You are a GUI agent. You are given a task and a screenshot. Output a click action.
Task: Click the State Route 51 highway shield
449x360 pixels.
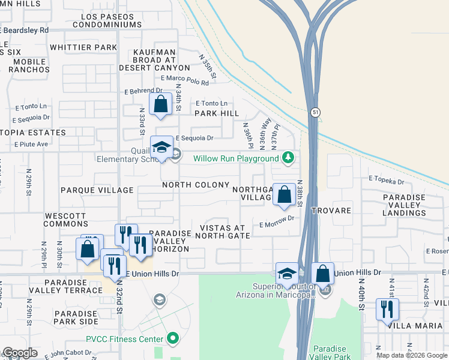[315, 112]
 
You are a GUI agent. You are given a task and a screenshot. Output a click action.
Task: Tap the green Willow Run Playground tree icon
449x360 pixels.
[289, 158]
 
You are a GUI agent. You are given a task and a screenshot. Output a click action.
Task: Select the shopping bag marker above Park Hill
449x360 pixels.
[161, 104]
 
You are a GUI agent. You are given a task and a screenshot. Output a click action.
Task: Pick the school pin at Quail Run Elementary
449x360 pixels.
[161, 148]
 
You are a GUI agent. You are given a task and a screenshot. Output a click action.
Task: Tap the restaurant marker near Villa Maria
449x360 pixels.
[387, 310]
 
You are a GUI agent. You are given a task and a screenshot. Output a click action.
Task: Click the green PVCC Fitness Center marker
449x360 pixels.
[173, 339]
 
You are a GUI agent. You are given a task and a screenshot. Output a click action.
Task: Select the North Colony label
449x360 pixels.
[195, 185]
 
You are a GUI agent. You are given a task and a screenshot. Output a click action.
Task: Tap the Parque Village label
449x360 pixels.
[97, 190]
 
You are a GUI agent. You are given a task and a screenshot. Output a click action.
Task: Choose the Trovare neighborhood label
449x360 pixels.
[331, 211]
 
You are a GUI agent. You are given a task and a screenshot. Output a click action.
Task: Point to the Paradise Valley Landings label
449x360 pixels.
[412, 205]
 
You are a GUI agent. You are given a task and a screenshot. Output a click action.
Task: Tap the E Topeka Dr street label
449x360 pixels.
[387, 179]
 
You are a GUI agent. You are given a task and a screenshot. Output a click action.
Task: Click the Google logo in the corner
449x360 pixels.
[19, 353]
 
